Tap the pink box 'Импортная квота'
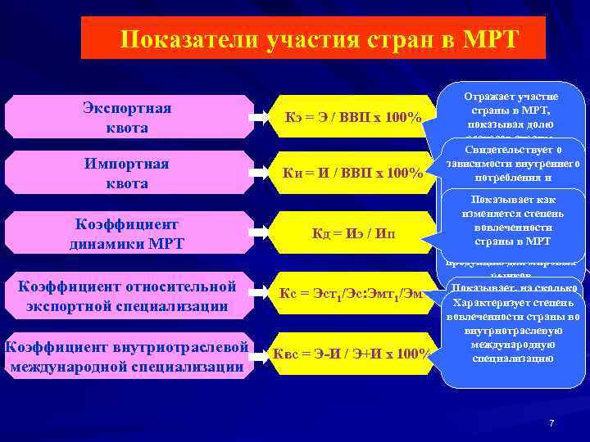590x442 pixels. tap(127, 174)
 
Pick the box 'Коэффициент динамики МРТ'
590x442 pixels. tap(127, 233)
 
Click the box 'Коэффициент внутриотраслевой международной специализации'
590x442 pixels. tap(127, 355)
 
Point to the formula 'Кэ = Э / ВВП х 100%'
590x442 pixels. tap(352, 119)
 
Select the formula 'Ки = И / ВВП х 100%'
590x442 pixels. tap(352, 174)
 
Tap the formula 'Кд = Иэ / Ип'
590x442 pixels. tap(352, 234)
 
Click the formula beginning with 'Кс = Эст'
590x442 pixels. tap(352, 294)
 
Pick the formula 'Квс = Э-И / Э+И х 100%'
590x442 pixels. tap(352, 354)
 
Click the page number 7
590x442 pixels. tap(551, 422)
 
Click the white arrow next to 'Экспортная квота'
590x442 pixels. tap(260, 118)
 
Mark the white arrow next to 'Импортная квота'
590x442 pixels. tap(260, 174)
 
